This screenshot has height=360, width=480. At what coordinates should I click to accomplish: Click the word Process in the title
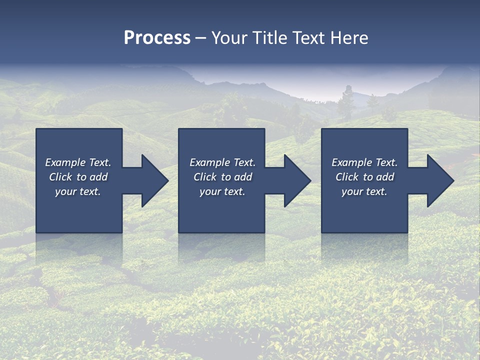(x=157, y=38)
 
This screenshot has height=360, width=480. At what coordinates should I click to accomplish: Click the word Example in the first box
(x=65, y=162)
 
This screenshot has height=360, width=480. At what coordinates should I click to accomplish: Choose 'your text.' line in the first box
(x=78, y=191)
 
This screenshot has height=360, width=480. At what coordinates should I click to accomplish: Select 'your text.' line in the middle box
(x=222, y=191)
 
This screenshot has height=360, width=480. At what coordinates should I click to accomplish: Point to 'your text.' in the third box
(x=364, y=191)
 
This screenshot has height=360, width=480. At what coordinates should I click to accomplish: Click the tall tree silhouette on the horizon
(x=345, y=102)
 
